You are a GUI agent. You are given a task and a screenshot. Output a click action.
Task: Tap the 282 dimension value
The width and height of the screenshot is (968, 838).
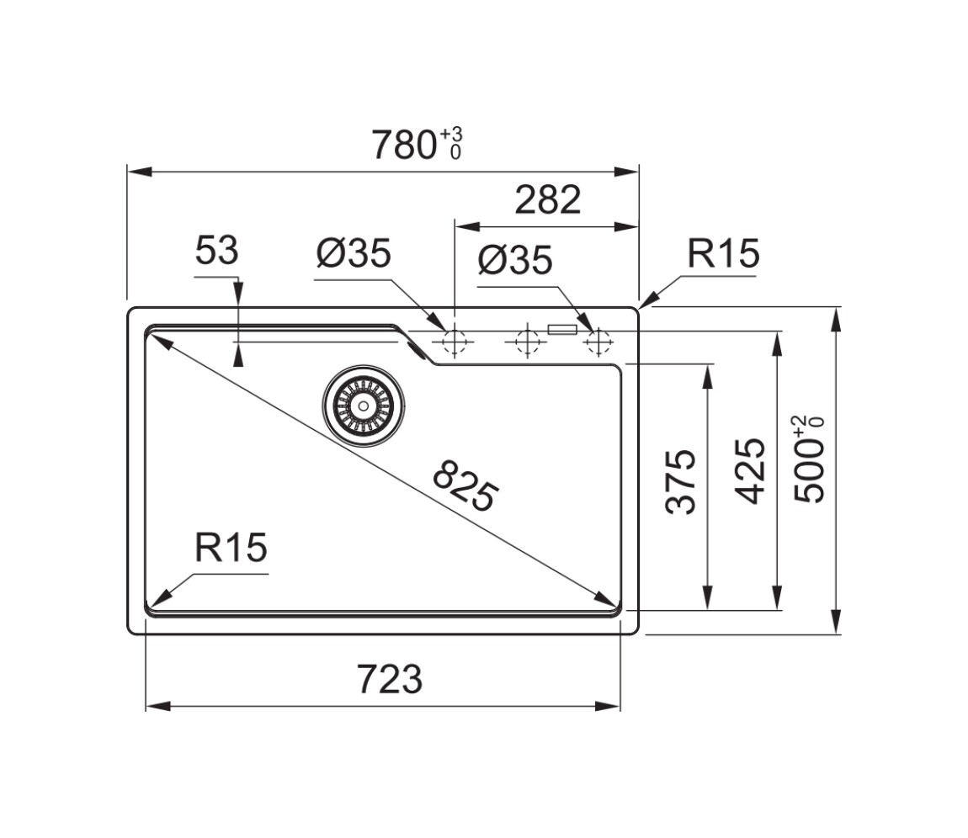(x=548, y=200)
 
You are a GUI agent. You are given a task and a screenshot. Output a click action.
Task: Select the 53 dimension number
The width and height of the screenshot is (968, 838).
(x=216, y=252)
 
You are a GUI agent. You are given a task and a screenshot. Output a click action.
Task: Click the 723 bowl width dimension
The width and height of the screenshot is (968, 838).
(x=390, y=680)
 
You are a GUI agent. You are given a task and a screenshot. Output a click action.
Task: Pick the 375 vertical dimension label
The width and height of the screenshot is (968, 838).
(x=681, y=481)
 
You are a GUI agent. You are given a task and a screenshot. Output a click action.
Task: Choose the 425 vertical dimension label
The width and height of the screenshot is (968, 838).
(x=750, y=471)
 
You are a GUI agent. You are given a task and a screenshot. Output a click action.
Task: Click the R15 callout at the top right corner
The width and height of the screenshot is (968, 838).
(x=723, y=253)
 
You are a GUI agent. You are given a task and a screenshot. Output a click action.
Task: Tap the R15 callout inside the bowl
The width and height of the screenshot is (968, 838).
(x=231, y=548)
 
